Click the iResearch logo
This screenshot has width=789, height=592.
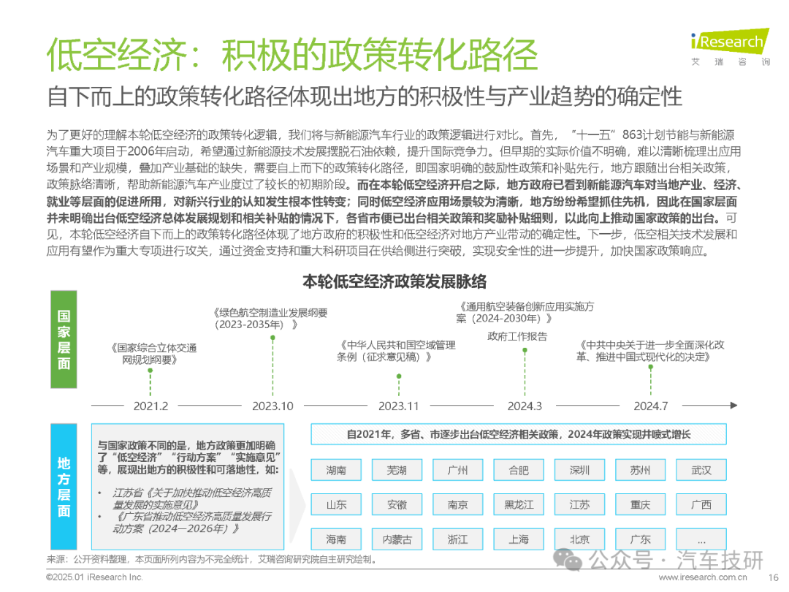730,46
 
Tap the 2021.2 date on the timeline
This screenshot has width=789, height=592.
150,406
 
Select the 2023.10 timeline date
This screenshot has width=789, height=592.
272,406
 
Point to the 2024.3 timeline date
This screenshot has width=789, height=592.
525,406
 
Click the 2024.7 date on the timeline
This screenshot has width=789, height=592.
651,406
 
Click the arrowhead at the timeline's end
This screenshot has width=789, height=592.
734,405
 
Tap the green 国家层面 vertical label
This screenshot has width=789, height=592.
64,339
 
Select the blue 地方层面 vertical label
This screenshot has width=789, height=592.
64,486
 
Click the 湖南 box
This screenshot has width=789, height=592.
336,470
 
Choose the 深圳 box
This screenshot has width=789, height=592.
579,470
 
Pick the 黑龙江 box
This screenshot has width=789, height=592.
519,504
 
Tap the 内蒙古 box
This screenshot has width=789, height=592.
397,539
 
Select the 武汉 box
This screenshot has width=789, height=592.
701,470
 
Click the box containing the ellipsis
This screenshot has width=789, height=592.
701,539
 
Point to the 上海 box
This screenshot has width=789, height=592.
519,539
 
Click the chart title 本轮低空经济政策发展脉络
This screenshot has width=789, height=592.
394,281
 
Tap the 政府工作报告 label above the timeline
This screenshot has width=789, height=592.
517,336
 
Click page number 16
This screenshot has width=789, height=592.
774,577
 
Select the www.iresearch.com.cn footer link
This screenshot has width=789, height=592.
703,577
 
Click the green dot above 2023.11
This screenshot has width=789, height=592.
399,376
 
